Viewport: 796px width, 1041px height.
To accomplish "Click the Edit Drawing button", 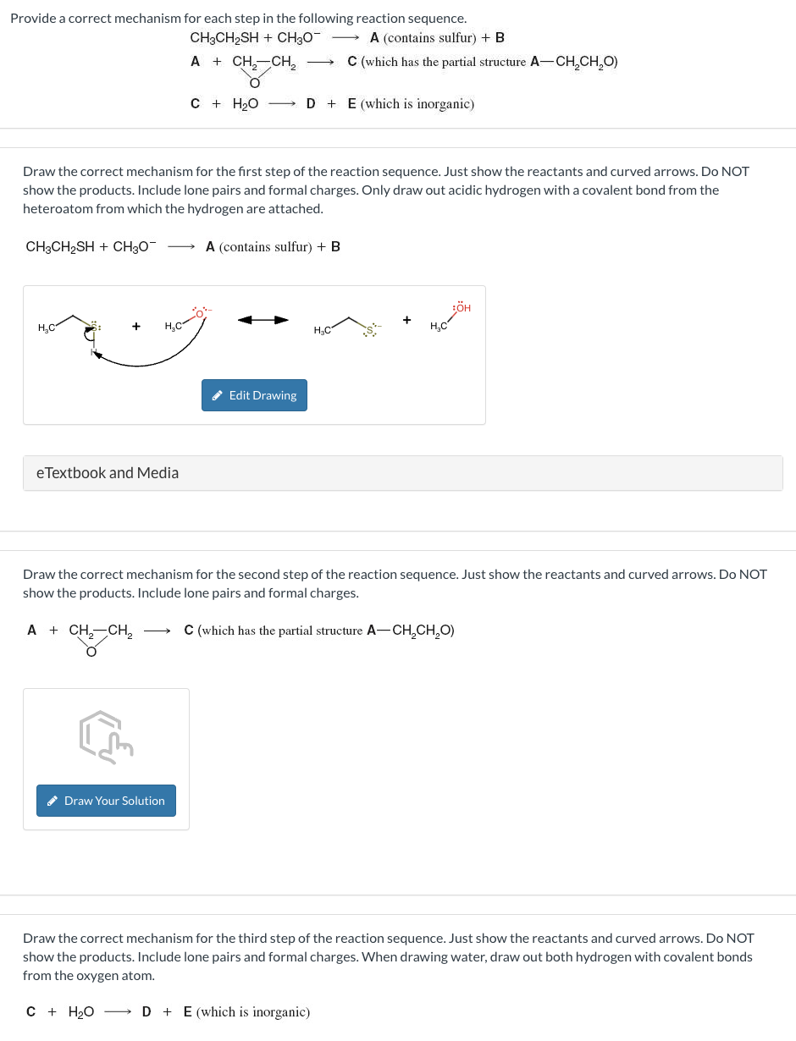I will (254, 395).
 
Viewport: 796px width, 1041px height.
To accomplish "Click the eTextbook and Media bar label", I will (108, 473).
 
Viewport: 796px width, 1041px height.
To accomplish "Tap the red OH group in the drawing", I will (462, 308).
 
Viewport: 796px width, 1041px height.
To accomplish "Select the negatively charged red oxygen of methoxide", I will (200, 312).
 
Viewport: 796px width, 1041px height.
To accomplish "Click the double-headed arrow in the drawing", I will (263, 320).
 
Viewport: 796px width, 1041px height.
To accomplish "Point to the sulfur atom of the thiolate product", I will (369, 328).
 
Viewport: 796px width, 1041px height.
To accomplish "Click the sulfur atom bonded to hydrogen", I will (94, 326).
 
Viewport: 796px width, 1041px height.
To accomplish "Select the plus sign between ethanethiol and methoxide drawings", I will (135, 326).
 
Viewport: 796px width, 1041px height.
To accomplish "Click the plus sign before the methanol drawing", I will (407, 320).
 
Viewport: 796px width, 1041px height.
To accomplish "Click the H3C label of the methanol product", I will (439, 327).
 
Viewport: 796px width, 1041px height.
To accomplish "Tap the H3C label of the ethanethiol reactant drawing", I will (47, 328).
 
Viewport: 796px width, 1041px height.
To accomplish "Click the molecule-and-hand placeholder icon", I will (106, 736).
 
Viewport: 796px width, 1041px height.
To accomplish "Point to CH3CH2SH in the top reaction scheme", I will (224, 38).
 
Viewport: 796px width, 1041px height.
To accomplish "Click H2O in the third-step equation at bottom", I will (80, 1012).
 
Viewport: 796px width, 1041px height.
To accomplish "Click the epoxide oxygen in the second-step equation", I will (91, 652).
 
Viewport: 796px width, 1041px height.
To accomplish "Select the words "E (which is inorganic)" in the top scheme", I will (411, 104).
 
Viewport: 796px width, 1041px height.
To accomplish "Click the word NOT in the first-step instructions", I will (734, 171).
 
